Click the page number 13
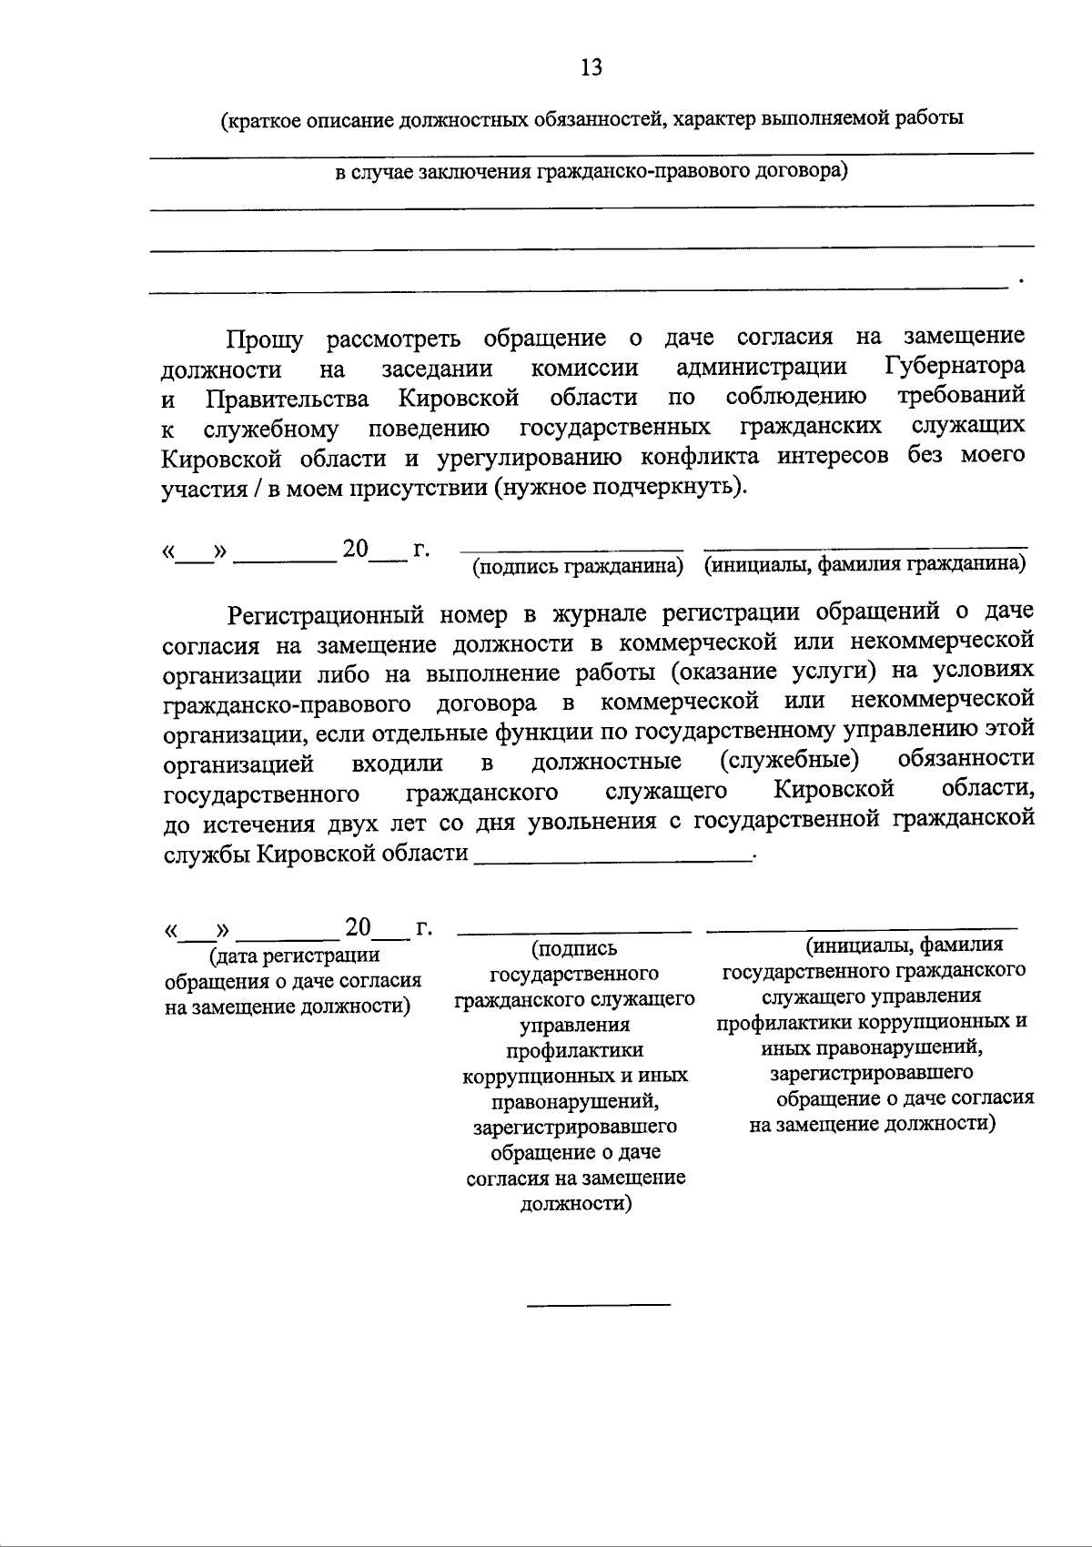tap(591, 67)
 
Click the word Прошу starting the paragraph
tap(264, 339)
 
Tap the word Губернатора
tap(955, 367)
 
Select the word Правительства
tap(288, 399)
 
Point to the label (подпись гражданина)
tap(577, 567)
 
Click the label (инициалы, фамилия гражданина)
tap(865, 565)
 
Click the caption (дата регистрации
tap(295, 955)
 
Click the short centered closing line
tap(599, 1305)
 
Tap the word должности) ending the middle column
tap(575, 1204)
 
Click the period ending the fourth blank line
tap(1022, 280)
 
